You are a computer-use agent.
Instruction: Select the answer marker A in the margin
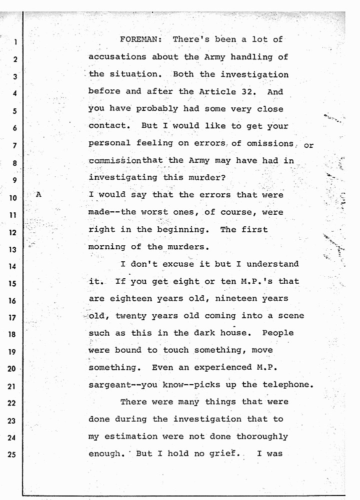click(x=38, y=195)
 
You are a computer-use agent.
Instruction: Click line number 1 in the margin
click(x=15, y=42)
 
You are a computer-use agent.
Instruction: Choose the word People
click(x=277, y=333)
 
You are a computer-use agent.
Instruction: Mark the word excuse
click(x=175, y=264)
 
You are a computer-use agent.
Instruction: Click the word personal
click(x=109, y=143)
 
